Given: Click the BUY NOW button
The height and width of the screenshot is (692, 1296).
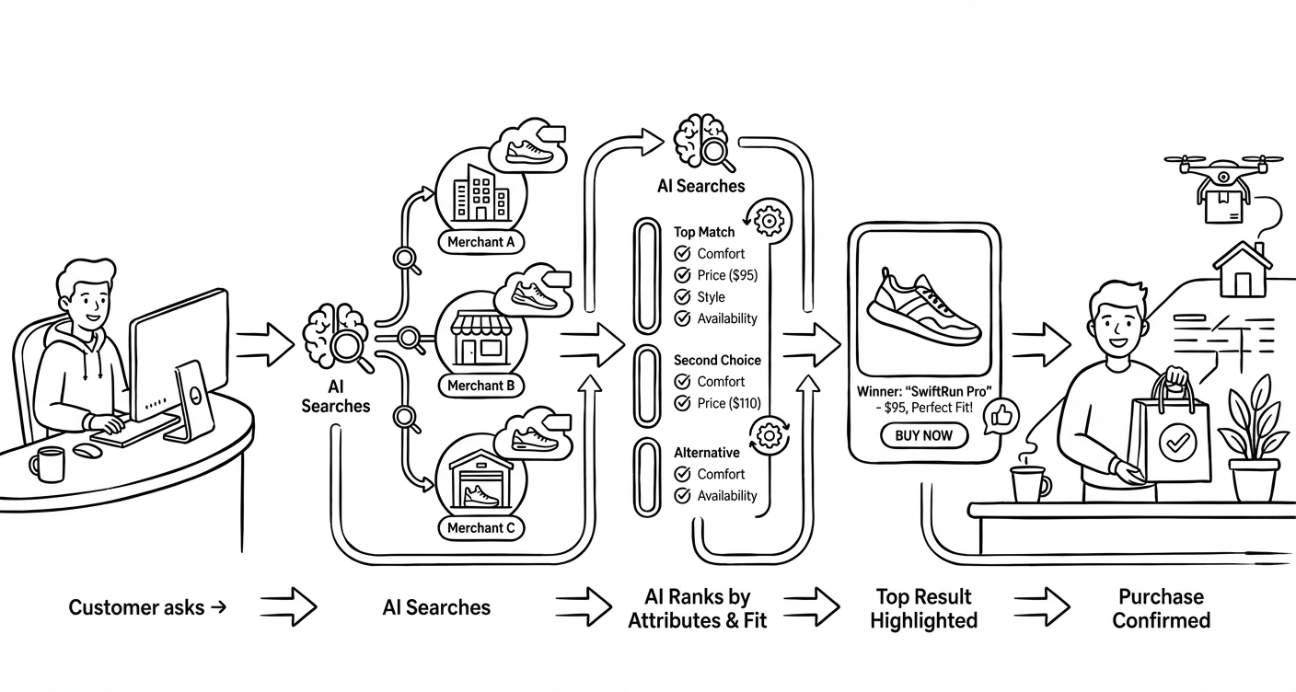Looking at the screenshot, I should (x=924, y=435).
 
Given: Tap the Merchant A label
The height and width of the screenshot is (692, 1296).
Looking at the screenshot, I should (x=480, y=243).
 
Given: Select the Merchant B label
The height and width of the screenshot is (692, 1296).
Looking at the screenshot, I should (x=480, y=386).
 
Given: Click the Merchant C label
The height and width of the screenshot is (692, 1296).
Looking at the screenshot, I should (x=480, y=528).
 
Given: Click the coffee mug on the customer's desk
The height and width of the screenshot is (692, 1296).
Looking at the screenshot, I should (x=49, y=464).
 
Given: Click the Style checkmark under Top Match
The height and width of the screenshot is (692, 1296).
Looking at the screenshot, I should (x=683, y=297).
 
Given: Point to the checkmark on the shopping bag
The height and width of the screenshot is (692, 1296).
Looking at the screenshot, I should (x=1173, y=444).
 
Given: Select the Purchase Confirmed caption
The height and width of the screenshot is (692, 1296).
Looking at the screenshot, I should (x=1161, y=609).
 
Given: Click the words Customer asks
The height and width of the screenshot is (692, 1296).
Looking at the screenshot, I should (x=137, y=607).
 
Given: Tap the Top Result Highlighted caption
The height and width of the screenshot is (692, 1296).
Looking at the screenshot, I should (x=923, y=609).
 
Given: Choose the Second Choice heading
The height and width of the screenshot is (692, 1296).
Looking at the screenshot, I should (x=717, y=361).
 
